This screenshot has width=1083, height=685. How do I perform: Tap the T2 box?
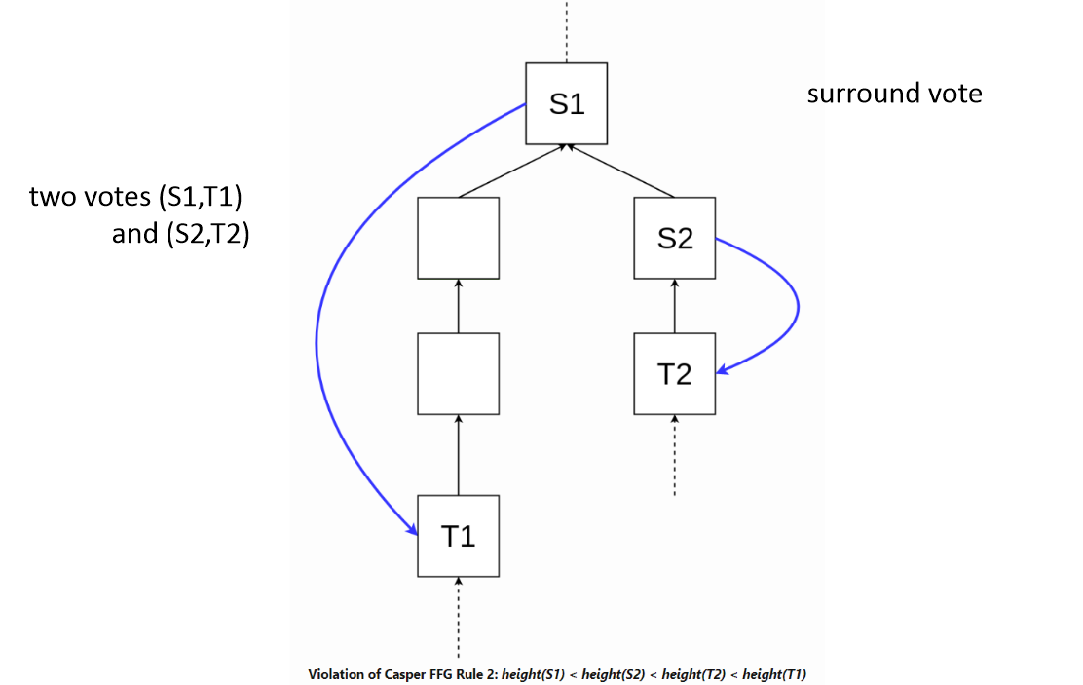coord(675,373)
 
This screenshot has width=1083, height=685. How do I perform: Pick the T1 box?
coord(459,536)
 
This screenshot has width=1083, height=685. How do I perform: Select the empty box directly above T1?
coord(459,373)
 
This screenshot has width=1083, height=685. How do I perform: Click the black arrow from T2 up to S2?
coord(675,306)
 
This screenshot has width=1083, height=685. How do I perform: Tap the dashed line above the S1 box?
coord(567,29)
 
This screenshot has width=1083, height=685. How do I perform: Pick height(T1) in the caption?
coord(774,674)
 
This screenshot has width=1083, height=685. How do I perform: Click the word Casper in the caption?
coord(398,674)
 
